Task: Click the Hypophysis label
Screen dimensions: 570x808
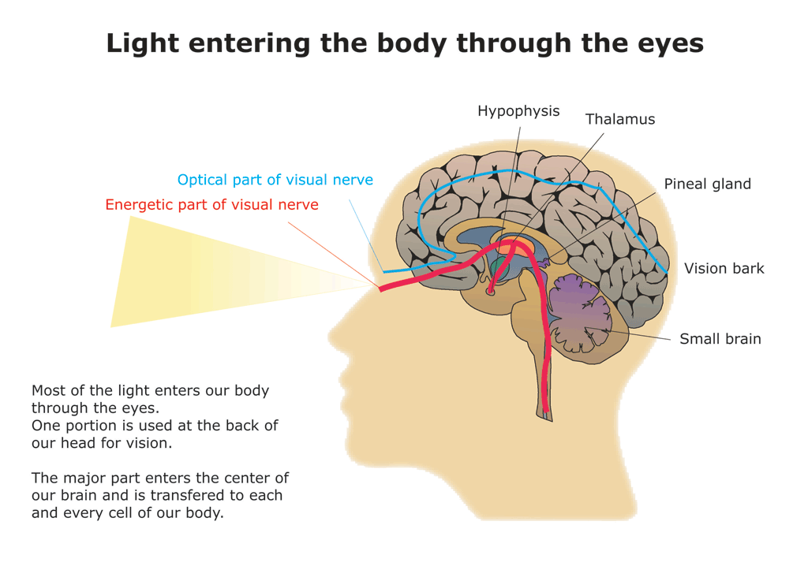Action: (518, 111)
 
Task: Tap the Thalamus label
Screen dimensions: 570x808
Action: (619, 120)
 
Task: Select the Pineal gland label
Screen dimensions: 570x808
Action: (707, 184)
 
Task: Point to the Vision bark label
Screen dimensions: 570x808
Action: (724, 269)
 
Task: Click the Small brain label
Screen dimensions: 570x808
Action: (720, 339)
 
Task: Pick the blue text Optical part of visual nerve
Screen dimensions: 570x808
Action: (275, 180)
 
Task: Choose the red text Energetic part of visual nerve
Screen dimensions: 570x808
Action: (211, 205)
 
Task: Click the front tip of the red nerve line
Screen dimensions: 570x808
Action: (382, 289)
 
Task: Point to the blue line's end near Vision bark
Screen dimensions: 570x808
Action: (667, 272)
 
